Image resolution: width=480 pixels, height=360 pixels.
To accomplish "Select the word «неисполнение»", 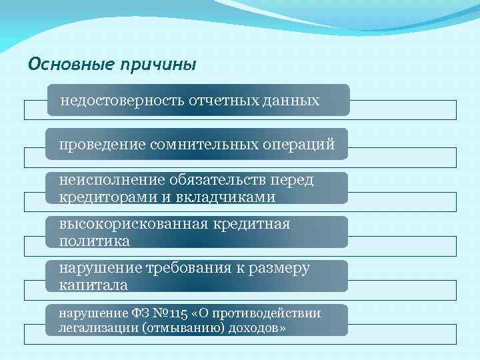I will [x=103, y=181].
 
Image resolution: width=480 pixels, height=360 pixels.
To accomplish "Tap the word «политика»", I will [x=94, y=241].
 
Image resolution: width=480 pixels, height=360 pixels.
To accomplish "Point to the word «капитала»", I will [x=93, y=285].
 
